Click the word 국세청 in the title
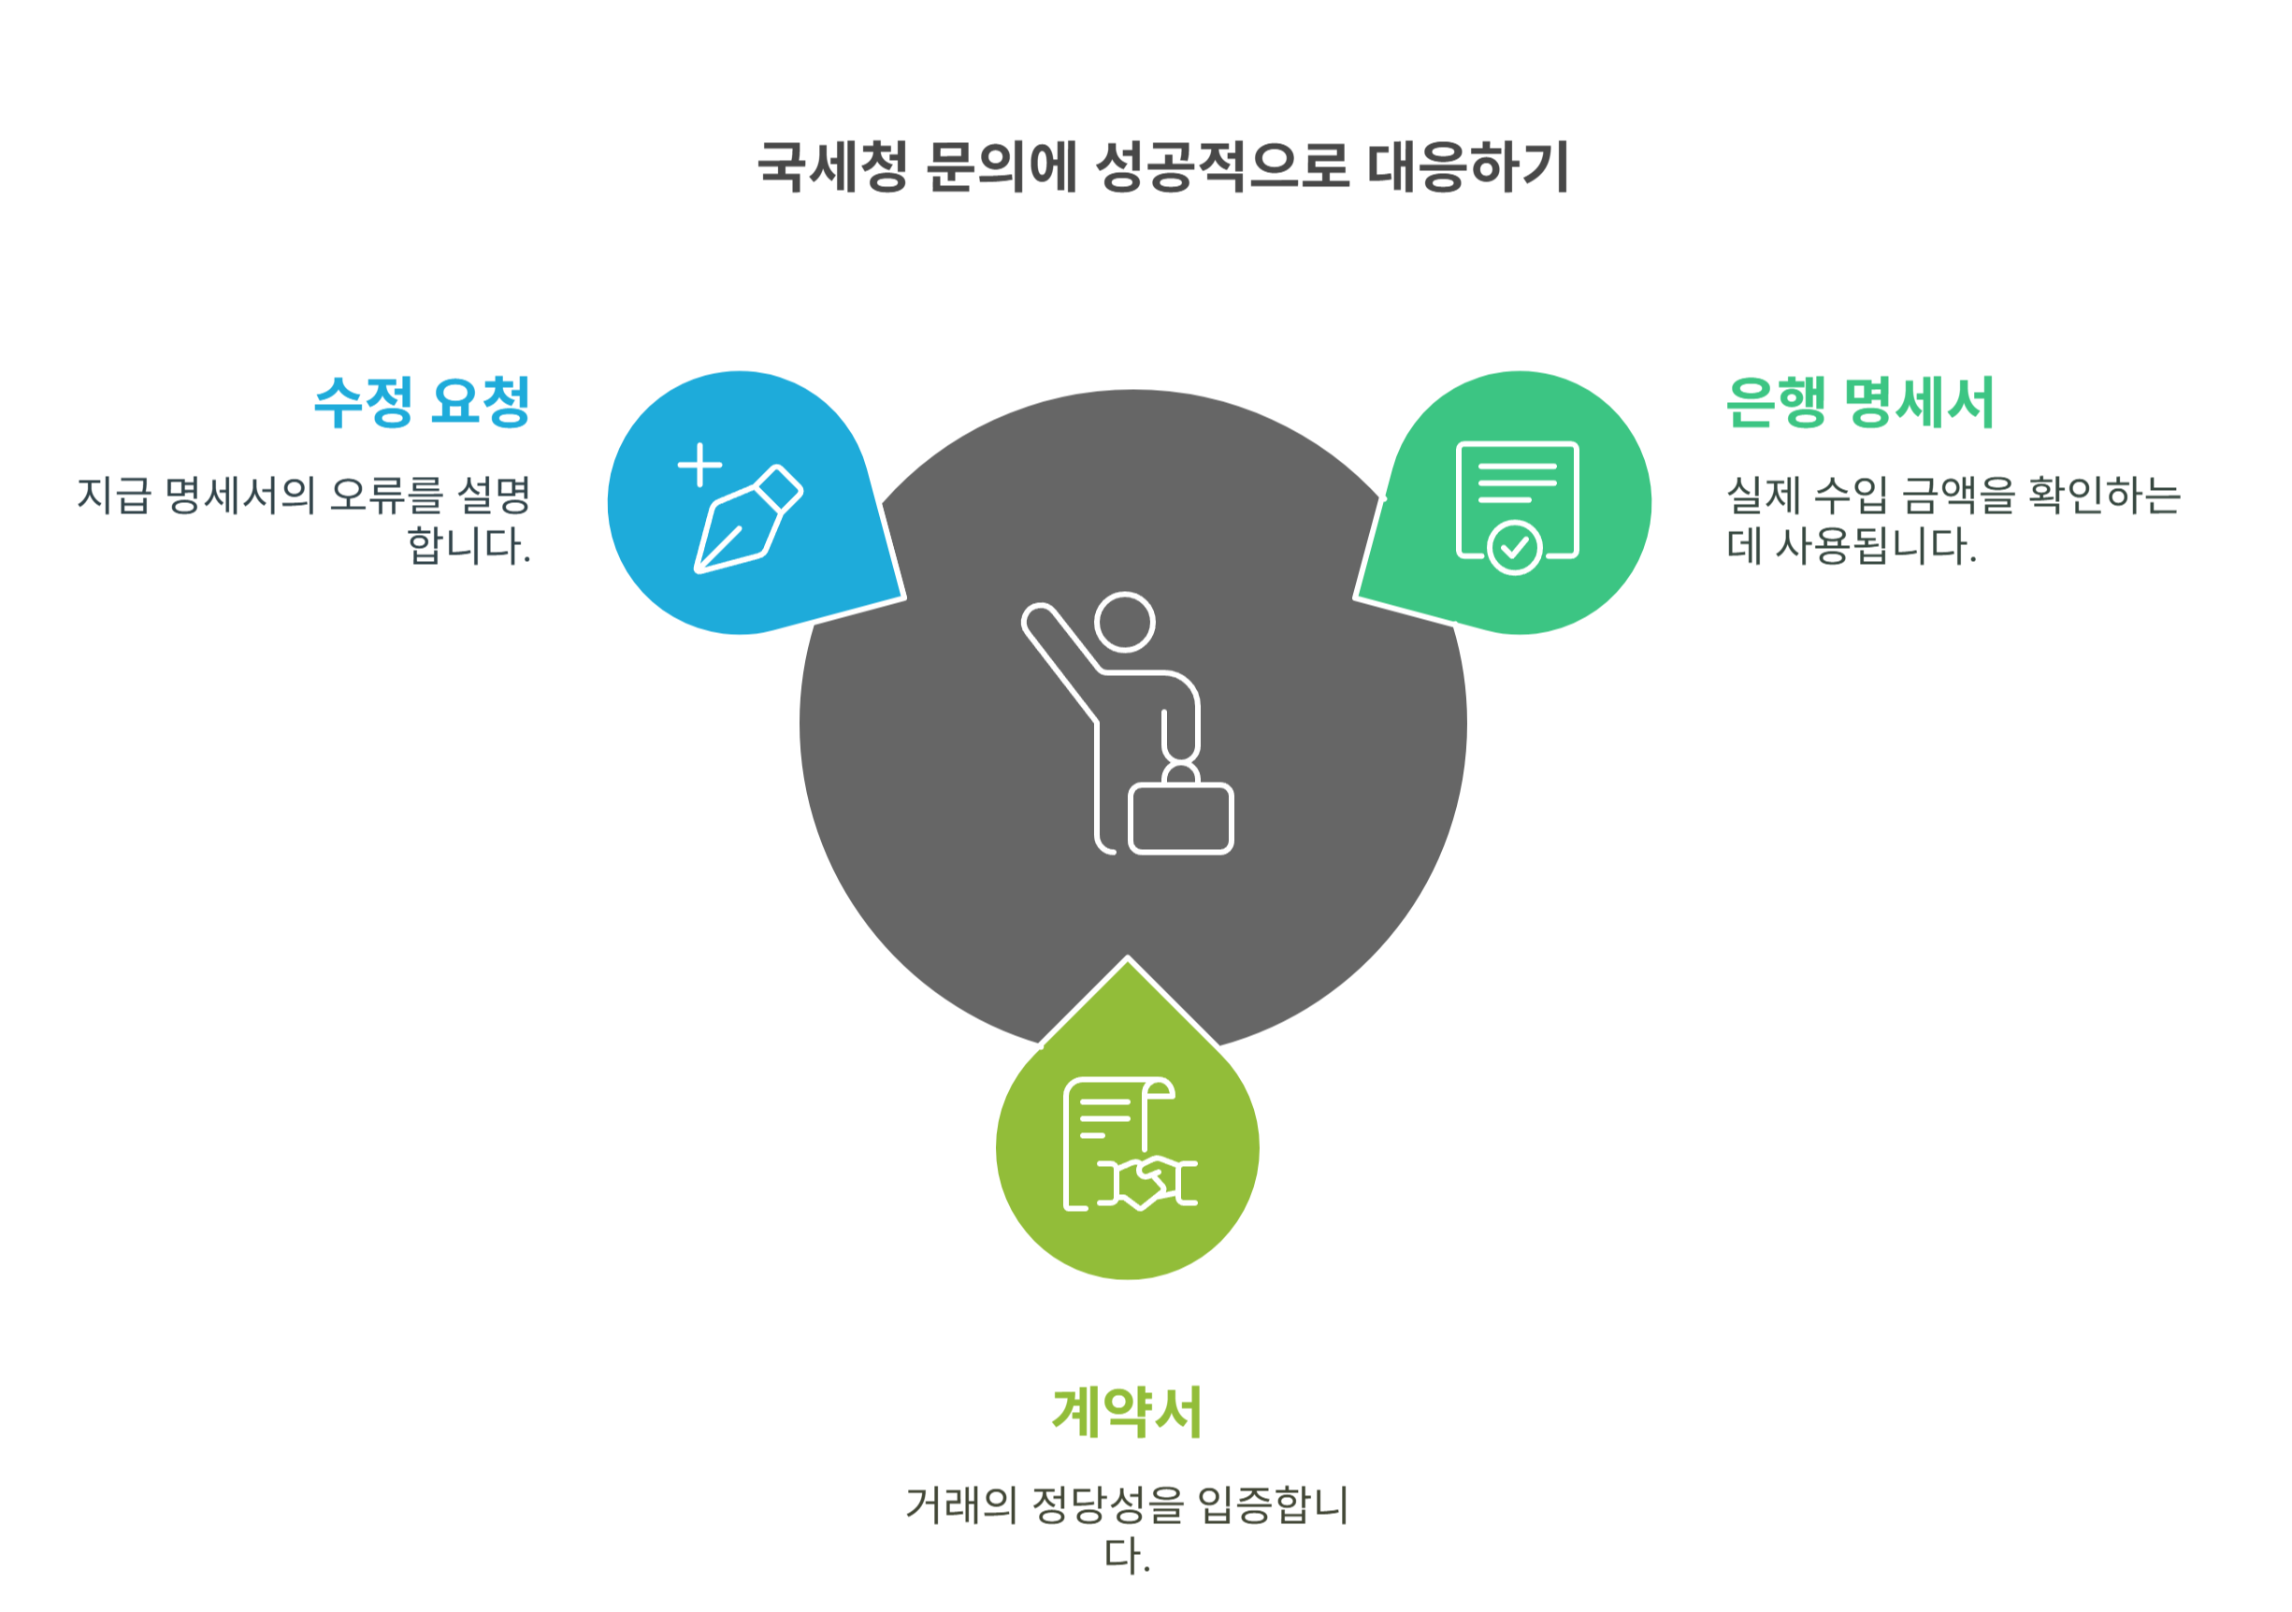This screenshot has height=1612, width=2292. click(831, 166)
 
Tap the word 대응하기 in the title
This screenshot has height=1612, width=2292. click(1467, 166)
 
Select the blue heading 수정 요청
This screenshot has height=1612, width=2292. click(421, 402)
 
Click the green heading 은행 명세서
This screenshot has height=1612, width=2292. click(1860, 402)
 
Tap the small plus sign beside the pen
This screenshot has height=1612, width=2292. click(699, 465)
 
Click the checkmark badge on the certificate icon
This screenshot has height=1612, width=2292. click(1514, 547)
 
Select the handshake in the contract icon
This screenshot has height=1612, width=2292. click(1148, 1183)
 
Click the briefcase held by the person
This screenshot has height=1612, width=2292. click(1181, 818)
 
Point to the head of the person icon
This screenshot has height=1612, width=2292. click(1125, 622)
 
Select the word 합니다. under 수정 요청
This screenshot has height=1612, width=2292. click(468, 546)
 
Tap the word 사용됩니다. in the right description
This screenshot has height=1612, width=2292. click(1876, 546)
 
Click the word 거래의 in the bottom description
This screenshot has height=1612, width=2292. click(960, 1505)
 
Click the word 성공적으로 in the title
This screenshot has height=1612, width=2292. click(1223, 166)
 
